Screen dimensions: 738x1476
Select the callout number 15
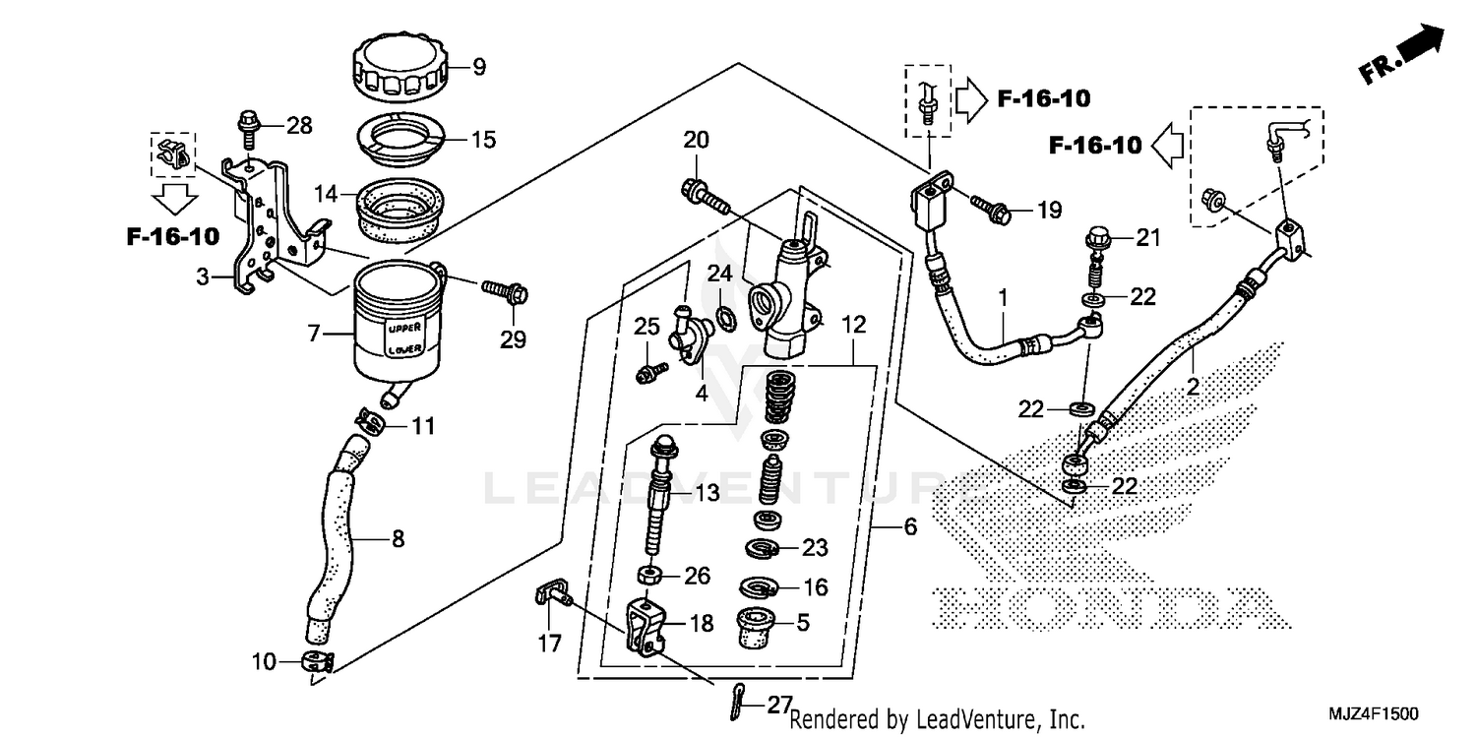tap(483, 139)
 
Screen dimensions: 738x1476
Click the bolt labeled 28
tap(246, 126)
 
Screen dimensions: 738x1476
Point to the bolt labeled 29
tap(504, 291)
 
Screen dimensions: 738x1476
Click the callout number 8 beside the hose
tap(398, 539)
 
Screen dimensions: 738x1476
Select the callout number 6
tap(909, 528)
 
